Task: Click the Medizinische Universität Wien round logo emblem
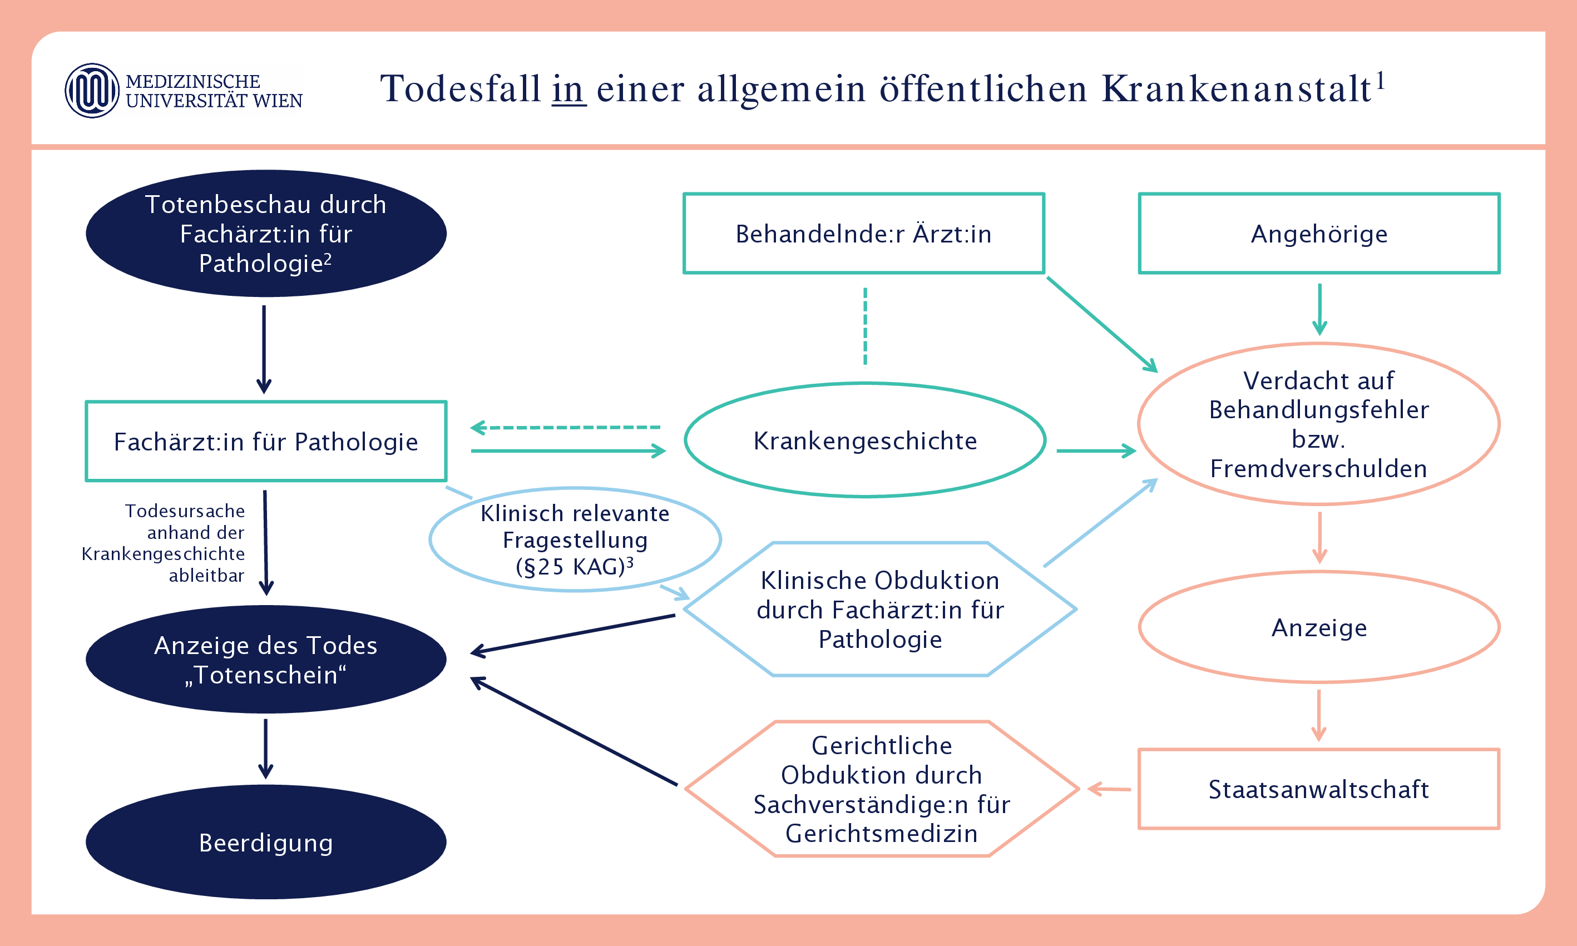pos(92,91)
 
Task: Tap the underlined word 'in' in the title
pos(568,88)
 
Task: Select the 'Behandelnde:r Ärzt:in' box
pos(863,234)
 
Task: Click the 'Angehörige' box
pos(1319,234)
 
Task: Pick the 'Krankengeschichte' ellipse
pos(864,440)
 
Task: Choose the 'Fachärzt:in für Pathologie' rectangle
pos(266,441)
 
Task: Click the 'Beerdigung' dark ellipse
pos(266,842)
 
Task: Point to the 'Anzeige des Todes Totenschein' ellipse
pos(266,659)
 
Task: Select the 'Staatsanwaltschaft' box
pos(1318,789)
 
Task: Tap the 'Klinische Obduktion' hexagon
pos(879,610)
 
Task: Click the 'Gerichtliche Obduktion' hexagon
pos(881,789)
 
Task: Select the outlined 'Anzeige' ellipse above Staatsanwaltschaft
pos(1319,627)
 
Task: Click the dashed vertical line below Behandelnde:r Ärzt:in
pos(865,326)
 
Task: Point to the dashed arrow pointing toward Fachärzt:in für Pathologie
pos(565,427)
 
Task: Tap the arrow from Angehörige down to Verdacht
pos(1319,309)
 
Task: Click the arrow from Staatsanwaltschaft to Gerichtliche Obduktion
pos(1109,789)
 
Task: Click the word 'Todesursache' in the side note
pos(185,511)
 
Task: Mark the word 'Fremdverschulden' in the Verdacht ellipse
pos(1318,468)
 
